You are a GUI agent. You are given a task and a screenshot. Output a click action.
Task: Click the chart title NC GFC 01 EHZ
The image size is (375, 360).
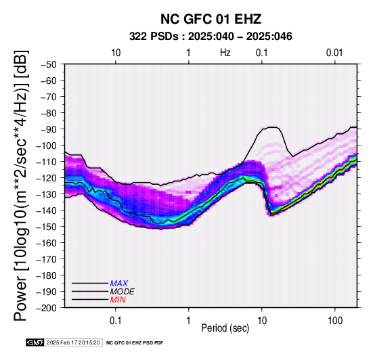211,19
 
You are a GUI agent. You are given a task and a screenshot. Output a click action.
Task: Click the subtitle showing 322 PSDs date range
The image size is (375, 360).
211,37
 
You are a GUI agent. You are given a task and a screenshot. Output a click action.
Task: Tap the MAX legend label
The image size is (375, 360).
119,284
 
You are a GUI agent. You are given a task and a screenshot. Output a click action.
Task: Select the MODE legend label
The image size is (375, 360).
123,292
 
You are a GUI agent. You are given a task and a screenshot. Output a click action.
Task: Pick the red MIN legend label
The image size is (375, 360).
118,300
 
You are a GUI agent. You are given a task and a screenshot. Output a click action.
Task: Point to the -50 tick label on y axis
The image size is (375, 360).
49,64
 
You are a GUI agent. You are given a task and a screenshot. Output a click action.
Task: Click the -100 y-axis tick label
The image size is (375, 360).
47,145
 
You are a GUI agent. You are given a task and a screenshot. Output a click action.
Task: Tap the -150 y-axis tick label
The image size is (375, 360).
47,227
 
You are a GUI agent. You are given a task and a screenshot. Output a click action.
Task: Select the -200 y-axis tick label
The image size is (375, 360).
47,308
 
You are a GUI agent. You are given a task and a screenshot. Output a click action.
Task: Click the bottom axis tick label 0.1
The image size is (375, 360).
116,321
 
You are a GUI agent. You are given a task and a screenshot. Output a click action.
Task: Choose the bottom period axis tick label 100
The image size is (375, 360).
335,321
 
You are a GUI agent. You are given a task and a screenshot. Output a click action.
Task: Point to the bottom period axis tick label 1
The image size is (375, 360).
189,321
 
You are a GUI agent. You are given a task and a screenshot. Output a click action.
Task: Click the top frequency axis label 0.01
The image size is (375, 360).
334,53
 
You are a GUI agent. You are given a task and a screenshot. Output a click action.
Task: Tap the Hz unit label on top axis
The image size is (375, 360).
225,53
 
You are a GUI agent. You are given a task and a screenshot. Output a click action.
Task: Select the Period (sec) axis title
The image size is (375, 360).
225,328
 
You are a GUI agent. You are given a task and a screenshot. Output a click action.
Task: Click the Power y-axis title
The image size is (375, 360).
20,185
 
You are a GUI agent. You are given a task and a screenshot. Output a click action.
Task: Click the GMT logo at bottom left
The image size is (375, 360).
35,342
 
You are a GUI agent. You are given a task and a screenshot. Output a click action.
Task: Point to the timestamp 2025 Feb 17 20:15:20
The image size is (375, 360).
73,342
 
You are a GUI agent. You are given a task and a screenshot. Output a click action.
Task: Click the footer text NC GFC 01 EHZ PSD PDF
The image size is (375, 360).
135,343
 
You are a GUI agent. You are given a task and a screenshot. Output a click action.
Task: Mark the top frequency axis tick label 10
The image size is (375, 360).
116,53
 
